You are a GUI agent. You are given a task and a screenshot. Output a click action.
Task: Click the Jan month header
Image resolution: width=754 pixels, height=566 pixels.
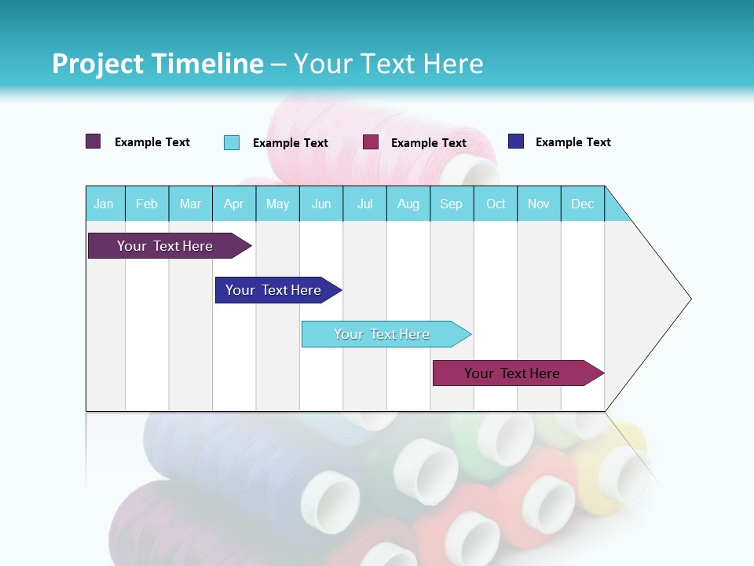pyautogui.click(x=104, y=204)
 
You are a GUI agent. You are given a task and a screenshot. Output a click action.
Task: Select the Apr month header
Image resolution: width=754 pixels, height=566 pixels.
pyautogui.click(x=233, y=204)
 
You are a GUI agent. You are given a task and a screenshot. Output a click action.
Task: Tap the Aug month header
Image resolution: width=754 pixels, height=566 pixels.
pyautogui.click(x=408, y=204)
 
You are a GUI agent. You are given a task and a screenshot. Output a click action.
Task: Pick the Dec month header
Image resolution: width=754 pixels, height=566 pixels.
pyautogui.click(x=582, y=204)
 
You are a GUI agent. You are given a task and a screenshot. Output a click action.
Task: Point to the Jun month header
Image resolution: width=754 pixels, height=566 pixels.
pyautogui.click(x=321, y=204)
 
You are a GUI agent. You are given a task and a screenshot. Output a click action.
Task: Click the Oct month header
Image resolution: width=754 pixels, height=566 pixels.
pyautogui.click(x=496, y=204)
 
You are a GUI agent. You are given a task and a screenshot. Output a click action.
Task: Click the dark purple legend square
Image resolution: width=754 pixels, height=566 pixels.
pyautogui.click(x=93, y=141)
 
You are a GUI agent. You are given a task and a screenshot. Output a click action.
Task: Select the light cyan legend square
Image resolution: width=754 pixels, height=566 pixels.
pyautogui.click(x=232, y=142)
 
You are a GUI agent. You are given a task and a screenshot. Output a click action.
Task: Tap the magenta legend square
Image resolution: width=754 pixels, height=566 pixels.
pyautogui.click(x=371, y=142)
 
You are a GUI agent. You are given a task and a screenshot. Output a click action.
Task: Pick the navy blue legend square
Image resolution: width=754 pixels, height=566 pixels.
pyautogui.click(x=516, y=141)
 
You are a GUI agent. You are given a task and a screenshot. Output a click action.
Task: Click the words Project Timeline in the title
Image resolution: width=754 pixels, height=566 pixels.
pyautogui.click(x=157, y=64)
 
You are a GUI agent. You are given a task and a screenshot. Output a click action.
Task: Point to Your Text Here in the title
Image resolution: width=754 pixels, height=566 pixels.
pyautogui.click(x=388, y=64)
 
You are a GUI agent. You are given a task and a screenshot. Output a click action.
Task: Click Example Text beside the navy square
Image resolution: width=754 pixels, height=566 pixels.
pyautogui.click(x=573, y=142)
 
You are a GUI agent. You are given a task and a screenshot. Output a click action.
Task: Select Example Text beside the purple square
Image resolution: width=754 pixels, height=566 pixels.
pyautogui.click(x=152, y=142)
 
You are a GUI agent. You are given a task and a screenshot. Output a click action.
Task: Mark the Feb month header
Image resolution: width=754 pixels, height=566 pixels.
pyautogui.click(x=147, y=204)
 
